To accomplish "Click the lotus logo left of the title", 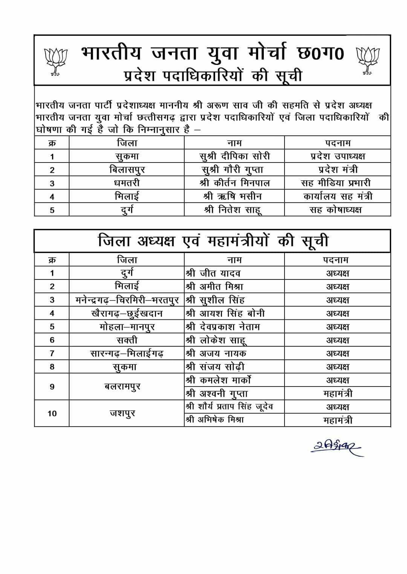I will point(55,61).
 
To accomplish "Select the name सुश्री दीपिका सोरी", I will point(234,157).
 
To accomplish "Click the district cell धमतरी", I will point(127,183).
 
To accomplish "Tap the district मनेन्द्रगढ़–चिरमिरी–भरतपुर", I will point(127,300).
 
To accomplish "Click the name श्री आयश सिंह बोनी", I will point(225,313).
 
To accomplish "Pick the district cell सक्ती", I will point(127,340).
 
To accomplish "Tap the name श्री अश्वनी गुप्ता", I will point(217,393).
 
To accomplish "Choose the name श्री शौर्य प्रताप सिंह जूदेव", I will point(230,407).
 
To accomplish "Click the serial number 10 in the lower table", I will point(52,413).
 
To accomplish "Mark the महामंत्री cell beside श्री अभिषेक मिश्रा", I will point(338,420).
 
